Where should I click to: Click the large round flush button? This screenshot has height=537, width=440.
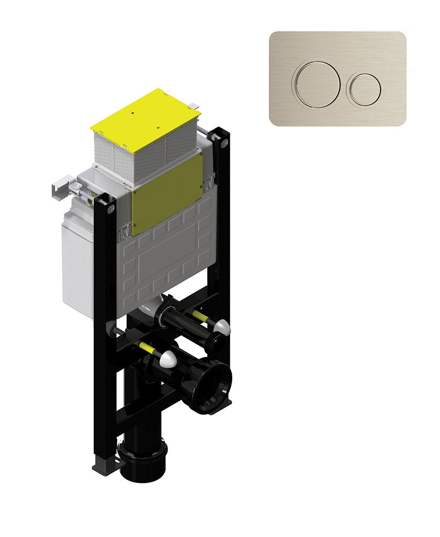316,85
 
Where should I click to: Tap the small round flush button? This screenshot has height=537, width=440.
365,87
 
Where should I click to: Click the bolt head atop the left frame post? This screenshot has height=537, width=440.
111,207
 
